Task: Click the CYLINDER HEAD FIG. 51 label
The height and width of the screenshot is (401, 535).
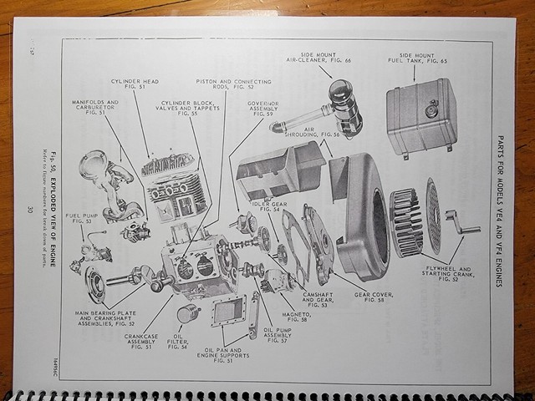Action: [x=129, y=86]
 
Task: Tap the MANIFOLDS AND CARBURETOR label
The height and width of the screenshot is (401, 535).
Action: [x=94, y=108]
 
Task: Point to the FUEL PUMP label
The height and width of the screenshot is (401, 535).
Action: [x=84, y=219]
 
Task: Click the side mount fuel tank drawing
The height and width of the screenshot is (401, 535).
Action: [x=422, y=117]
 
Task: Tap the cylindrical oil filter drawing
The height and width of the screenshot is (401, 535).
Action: [x=190, y=314]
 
